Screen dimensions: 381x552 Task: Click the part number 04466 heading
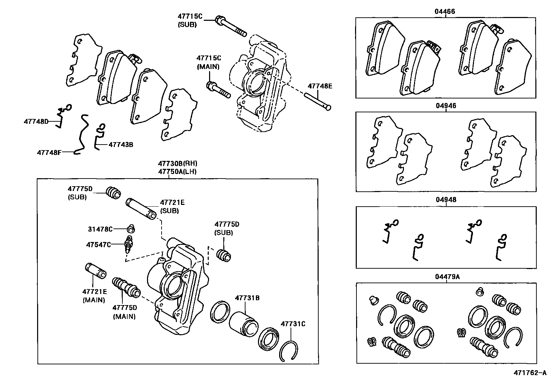click(x=445, y=11)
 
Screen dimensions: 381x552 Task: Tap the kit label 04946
click(x=446, y=106)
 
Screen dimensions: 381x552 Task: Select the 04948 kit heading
click(x=446, y=200)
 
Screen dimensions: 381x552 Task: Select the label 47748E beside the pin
click(x=319, y=86)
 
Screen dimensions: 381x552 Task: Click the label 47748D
click(x=36, y=121)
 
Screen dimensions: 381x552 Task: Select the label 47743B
click(x=121, y=144)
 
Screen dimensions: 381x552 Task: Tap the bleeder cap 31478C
click(x=131, y=229)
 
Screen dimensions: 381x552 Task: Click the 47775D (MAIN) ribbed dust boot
click(x=126, y=287)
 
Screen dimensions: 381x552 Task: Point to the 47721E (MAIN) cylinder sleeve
click(x=95, y=271)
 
